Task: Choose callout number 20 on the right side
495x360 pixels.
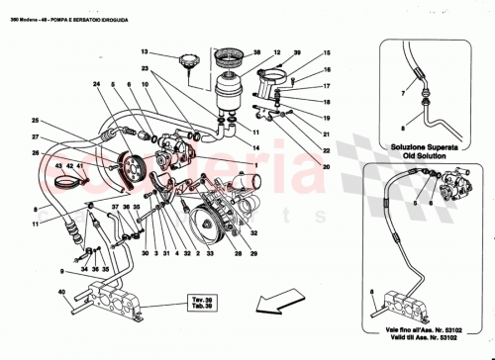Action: [324, 167]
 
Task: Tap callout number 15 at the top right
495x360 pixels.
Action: [324, 57]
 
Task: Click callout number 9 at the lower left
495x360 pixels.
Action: [61, 270]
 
